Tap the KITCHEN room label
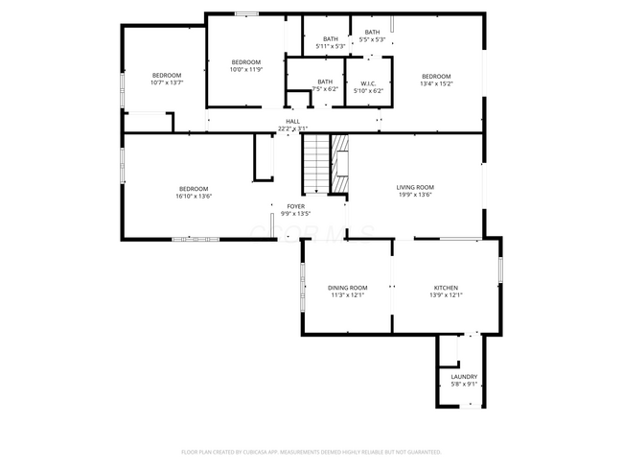pos(446,288)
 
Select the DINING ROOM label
pos(347,288)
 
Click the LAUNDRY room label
pos(464,377)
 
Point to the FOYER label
pos(295,206)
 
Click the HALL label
pos(292,121)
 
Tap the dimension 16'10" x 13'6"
pos(194,197)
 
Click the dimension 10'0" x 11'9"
pos(245,69)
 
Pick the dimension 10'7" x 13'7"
pos(166,82)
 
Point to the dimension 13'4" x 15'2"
pos(436,84)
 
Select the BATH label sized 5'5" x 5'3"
pos(372,39)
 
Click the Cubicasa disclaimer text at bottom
pos(311,452)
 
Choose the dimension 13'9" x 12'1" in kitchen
pos(446,295)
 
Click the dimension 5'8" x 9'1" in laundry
pos(464,385)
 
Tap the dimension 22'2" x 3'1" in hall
pos(292,129)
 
